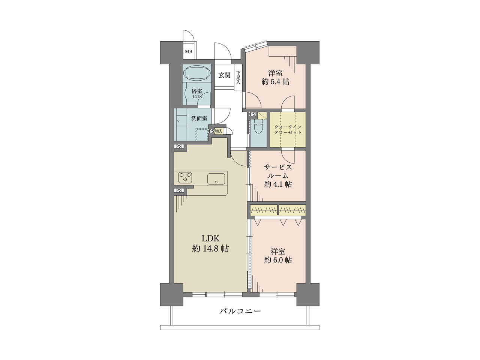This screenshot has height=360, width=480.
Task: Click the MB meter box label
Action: click(x=189, y=52)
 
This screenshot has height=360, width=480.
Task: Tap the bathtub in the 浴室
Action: click(x=198, y=73)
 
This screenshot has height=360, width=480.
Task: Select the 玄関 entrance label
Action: click(x=224, y=75)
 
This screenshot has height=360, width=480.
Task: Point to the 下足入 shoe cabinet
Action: click(x=238, y=77)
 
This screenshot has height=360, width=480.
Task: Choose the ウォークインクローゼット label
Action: click(x=288, y=130)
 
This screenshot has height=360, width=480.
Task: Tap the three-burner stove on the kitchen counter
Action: click(x=186, y=177)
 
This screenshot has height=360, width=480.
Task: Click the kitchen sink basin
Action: click(x=216, y=179)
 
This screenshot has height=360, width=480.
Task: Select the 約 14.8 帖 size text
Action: click(x=211, y=249)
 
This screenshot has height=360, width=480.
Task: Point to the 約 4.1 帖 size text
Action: click(x=278, y=184)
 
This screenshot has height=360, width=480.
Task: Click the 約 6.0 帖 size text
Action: click(x=278, y=260)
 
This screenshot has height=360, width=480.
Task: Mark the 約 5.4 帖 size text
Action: click(x=276, y=82)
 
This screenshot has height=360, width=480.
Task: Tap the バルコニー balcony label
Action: click(x=240, y=311)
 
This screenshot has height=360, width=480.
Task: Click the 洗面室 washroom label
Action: click(x=199, y=118)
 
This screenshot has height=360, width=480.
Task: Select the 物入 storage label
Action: click(x=219, y=131)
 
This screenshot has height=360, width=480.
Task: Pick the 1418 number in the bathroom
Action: click(x=197, y=96)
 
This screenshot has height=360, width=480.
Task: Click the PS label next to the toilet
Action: click(x=253, y=114)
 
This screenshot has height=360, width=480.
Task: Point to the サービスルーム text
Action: click(x=278, y=171)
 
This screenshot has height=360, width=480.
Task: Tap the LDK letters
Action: click(x=210, y=238)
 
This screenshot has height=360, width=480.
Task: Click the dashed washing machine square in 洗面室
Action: click(x=201, y=134)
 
